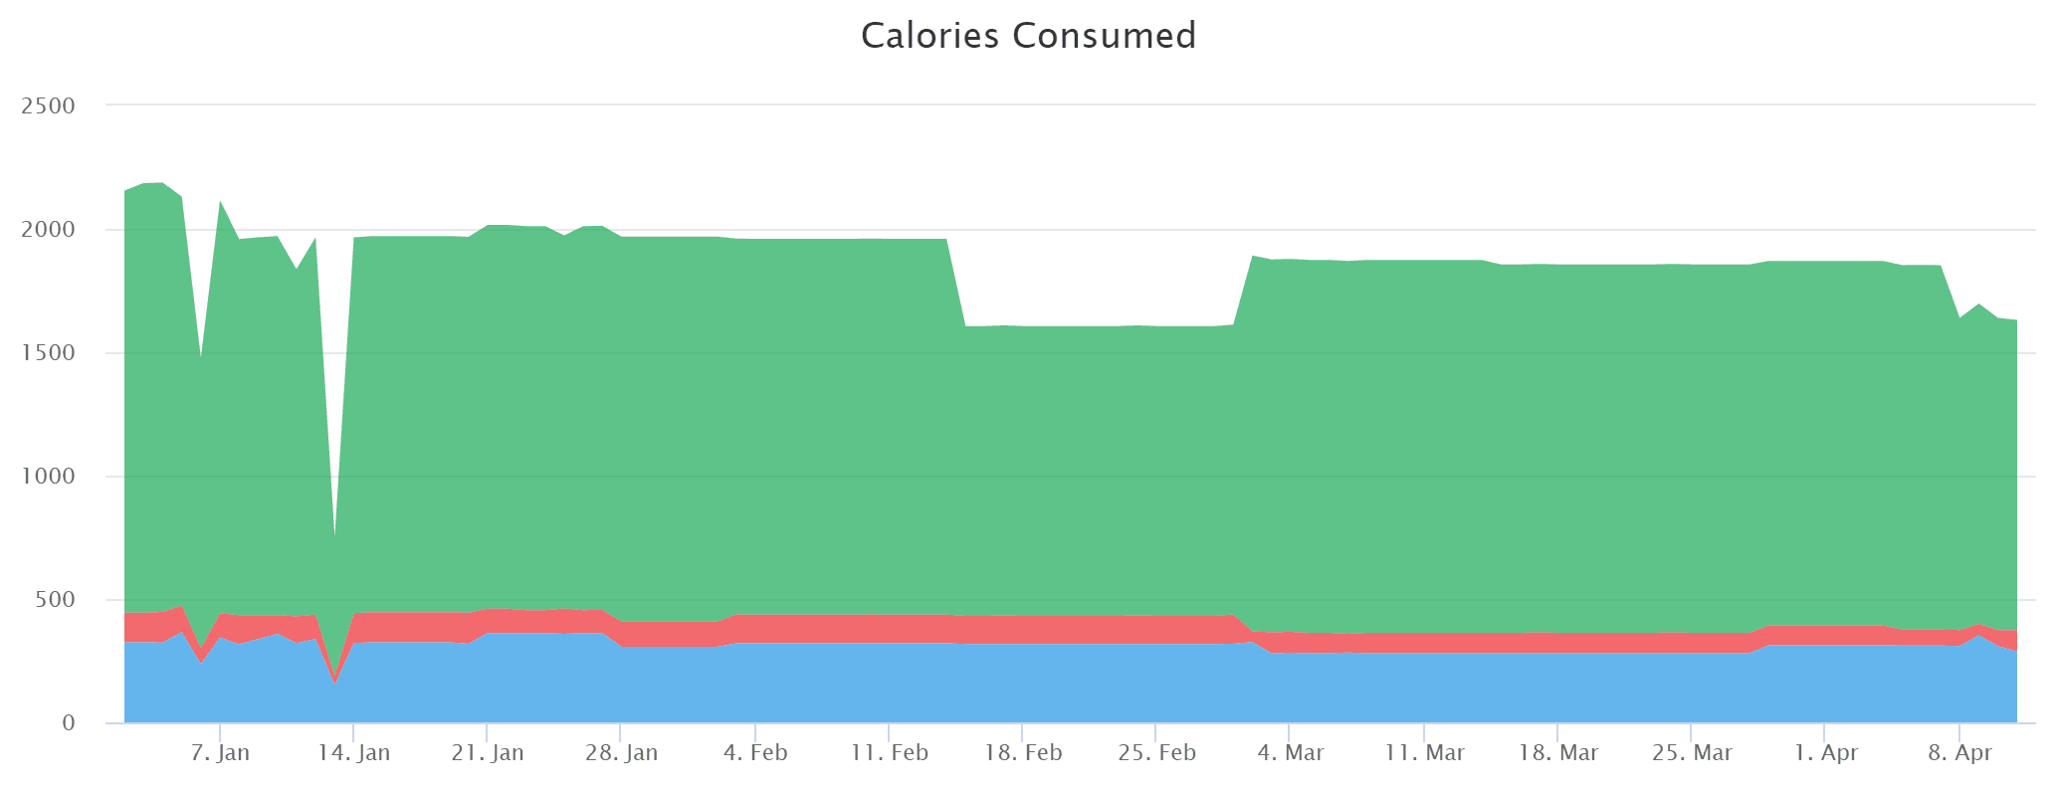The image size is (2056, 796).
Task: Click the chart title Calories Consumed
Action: point(1028,36)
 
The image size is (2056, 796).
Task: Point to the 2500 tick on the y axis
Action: point(48,105)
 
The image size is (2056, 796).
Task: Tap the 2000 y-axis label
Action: point(48,230)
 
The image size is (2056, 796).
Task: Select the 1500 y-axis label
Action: point(48,353)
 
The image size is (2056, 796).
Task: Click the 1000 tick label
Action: point(48,477)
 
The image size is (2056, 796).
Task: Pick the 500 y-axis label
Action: point(56,600)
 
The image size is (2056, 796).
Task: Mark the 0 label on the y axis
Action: point(68,723)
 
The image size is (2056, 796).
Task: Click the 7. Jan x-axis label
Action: point(220,752)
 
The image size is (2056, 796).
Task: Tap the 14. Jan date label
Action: point(353,752)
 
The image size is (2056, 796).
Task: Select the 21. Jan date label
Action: point(487,752)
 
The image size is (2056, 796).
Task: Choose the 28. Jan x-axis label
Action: point(621,752)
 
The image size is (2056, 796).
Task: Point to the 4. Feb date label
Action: point(755,752)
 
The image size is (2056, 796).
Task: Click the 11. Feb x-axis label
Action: point(889,752)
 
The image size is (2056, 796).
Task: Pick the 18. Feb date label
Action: point(1022,752)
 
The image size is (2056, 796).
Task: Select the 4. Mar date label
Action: point(1290,752)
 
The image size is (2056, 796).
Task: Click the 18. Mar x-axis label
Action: point(1557,752)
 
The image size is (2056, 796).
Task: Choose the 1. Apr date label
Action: point(1825,752)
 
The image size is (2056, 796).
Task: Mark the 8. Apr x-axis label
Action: point(1959,752)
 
